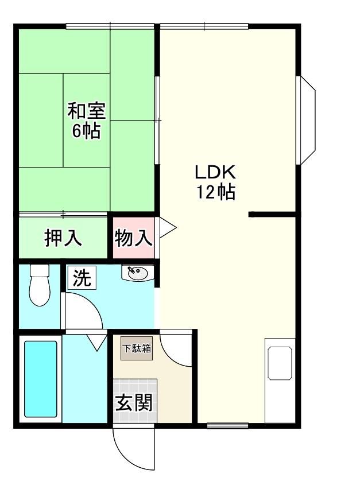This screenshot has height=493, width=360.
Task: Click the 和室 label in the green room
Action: [87, 111]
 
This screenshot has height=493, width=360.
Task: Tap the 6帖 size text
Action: [87, 131]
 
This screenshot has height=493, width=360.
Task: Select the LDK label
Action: [215, 172]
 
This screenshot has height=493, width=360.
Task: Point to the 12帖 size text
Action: [216, 192]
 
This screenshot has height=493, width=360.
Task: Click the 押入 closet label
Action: [63, 238]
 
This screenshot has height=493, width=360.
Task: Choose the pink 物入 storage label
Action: [134, 238]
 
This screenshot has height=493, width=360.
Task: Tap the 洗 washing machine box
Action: [82, 278]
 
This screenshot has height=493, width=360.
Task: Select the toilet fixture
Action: [39, 285]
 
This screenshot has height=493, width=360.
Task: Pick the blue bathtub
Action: [41, 379]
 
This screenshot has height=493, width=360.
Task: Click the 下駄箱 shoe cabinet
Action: [137, 348]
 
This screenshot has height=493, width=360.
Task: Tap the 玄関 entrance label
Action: [134, 403]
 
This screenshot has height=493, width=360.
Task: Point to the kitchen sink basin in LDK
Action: [280, 363]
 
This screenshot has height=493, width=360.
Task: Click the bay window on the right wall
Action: [306, 120]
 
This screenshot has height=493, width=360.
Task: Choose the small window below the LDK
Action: [227, 426]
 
